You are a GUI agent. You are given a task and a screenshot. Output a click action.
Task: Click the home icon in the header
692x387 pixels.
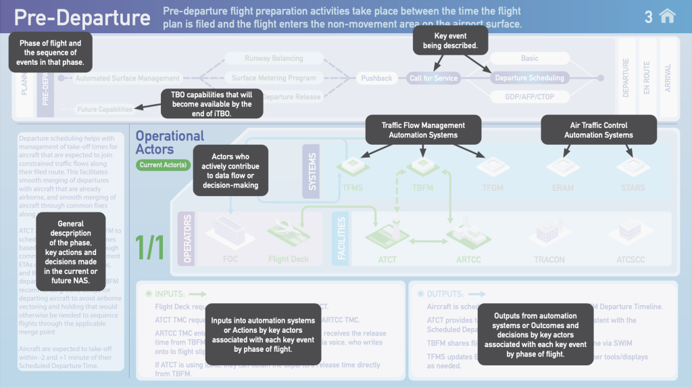coord(667,16)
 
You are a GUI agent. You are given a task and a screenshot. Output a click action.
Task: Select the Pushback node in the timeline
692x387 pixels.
coord(376,78)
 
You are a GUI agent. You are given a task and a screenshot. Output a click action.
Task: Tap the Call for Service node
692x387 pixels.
coord(433,78)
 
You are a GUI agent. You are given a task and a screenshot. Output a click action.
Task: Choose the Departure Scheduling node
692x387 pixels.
coord(529,78)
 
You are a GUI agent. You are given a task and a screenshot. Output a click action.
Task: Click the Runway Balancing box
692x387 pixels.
coord(274,59)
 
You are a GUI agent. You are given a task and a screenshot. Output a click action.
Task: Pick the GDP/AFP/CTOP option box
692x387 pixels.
coord(529,97)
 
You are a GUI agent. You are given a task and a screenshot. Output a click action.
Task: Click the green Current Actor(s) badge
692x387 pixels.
coord(163,164)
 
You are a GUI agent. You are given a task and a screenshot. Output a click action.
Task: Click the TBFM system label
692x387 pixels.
coord(423,188)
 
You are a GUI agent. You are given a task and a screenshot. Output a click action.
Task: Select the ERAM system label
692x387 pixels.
coord(563,188)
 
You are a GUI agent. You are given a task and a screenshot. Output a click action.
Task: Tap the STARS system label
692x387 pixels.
coord(630,188)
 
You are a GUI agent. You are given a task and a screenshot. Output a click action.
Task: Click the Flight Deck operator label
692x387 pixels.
coord(289,259)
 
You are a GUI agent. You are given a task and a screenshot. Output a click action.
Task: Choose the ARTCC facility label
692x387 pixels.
coord(468,259)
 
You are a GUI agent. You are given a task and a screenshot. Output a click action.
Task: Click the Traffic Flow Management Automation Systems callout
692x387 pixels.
coord(423,130)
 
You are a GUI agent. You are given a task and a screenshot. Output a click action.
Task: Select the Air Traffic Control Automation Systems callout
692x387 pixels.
coord(599,130)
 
